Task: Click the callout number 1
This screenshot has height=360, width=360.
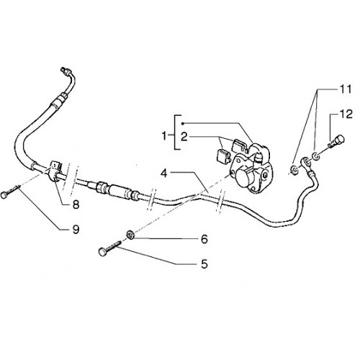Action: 164,136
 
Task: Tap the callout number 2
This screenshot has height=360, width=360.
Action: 184,137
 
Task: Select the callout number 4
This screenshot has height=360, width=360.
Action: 164,173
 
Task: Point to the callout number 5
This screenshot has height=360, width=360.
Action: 204,264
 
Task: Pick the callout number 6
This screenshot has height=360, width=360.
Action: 204,239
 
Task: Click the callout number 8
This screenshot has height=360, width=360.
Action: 76,204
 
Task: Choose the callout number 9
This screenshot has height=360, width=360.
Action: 76,230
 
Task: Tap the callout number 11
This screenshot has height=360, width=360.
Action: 346,89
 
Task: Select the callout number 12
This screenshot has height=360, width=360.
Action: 346,114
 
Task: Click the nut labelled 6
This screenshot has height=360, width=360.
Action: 130,234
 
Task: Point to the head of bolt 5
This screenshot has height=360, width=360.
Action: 103,252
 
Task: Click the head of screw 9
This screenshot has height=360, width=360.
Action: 4,195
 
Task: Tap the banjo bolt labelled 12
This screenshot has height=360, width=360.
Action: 336,141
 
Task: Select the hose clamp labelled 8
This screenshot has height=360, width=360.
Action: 55,171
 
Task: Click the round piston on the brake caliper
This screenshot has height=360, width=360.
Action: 243,175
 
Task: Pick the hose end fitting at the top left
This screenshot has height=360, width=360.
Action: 66,71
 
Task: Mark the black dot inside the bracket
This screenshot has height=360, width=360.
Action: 182,123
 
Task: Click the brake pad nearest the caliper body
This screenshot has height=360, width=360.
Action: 238,145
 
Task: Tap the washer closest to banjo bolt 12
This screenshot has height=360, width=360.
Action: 316,156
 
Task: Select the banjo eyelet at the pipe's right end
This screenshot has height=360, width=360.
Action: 306,163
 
